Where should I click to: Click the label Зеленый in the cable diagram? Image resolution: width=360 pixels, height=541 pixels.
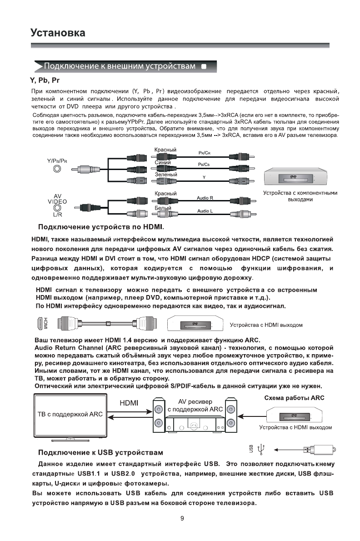[165, 174]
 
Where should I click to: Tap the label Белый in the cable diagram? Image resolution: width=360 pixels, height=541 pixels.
[163, 207]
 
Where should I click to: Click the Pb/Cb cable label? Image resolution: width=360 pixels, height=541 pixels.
[203, 164]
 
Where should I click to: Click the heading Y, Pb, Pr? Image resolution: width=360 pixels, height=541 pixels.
[45, 81]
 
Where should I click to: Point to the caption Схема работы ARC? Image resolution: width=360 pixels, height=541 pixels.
[294, 398]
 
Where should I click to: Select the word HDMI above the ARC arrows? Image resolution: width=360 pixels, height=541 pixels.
[129, 403]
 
